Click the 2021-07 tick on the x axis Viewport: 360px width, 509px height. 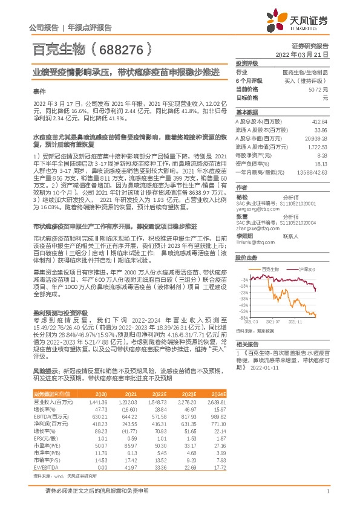pos(279,323)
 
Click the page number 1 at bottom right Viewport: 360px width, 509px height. pos(327,491)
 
